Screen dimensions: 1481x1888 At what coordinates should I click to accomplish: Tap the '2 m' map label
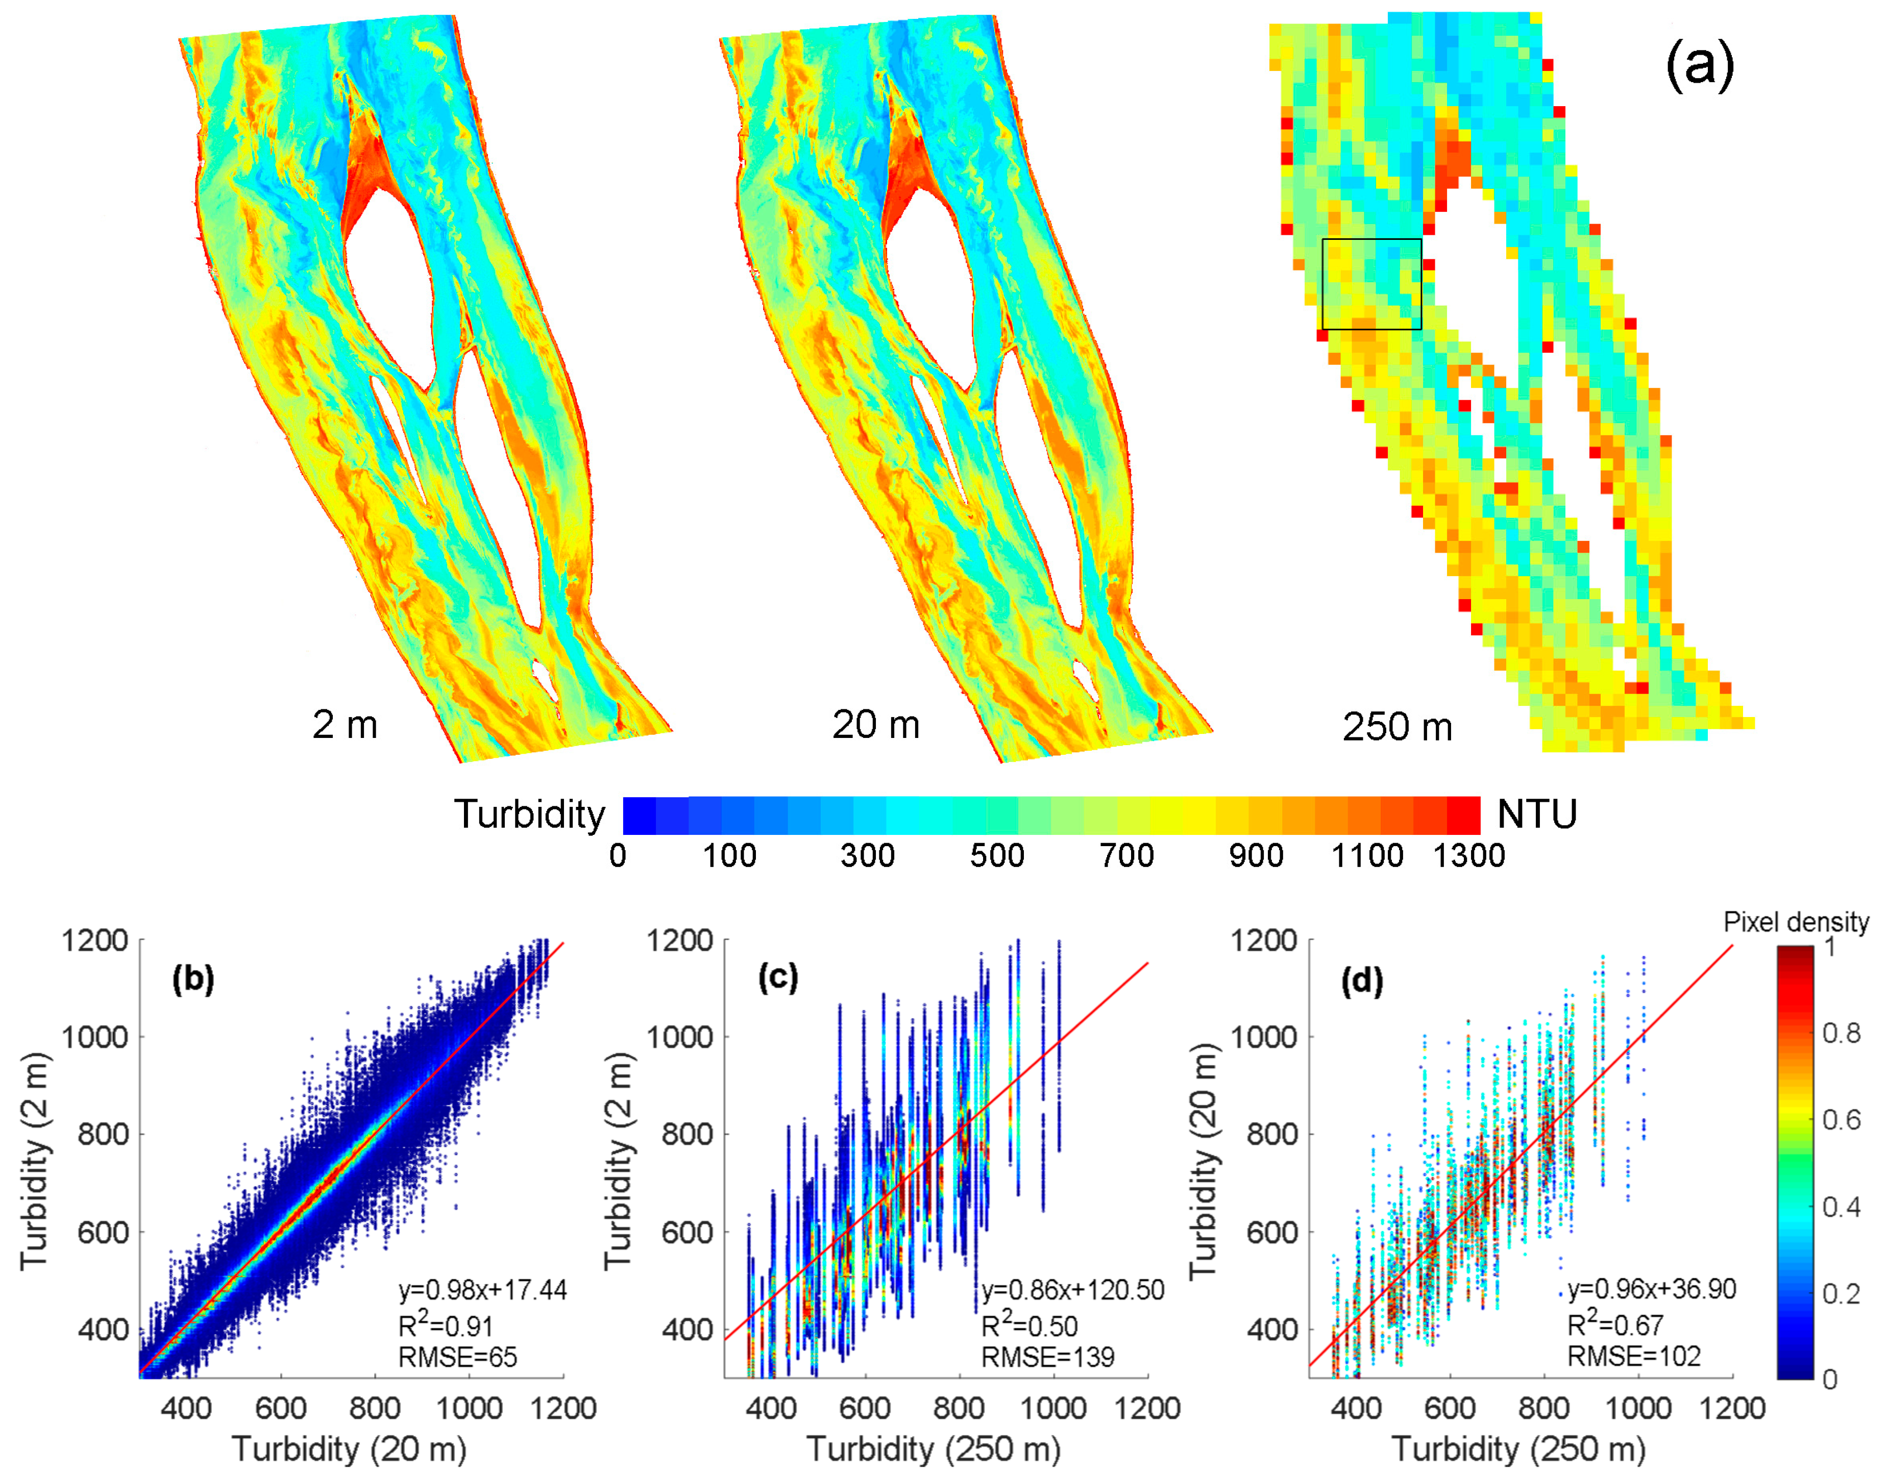pyautogui.click(x=345, y=724)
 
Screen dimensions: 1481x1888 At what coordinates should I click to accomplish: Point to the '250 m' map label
pyautogui.click(x=1396, y=727)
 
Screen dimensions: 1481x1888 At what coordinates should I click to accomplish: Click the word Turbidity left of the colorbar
pyautogui.click(x=529, y=814)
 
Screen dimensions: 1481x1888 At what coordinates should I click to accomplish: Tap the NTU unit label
pyautogui.click(x=1537, y=814)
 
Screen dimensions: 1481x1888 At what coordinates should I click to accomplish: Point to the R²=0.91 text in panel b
pyautogui.click(x=445, y=1326)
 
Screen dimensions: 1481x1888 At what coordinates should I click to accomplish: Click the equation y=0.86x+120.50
pyautogui.click(x=1073, y=1290)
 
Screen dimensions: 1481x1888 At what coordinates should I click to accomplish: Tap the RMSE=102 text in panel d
pyautogui.click(x=1634, y=1356)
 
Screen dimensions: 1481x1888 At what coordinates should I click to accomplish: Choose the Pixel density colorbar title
pyautogui.click(x=1795, y=922)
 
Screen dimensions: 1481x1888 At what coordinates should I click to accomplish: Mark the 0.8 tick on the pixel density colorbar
pyautogui.click(x=1841, y=1033)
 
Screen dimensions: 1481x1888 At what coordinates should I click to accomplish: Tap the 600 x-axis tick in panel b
pyautogui.click(x=280, y=1408)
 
